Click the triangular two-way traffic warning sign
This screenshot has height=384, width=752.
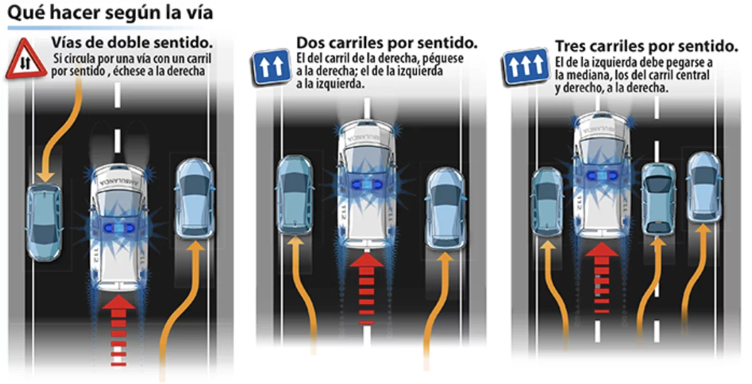tap(24, 59)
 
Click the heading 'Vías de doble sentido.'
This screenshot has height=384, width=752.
tap(131, 43)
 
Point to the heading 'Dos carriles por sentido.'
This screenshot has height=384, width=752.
tap(387, 43)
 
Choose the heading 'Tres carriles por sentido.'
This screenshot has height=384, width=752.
tap(646, 46)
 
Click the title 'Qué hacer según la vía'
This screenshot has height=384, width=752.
tap(110, 13)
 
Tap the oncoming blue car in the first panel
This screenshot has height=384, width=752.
tap(44, 222)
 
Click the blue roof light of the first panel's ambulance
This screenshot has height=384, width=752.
tap(118, 228)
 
